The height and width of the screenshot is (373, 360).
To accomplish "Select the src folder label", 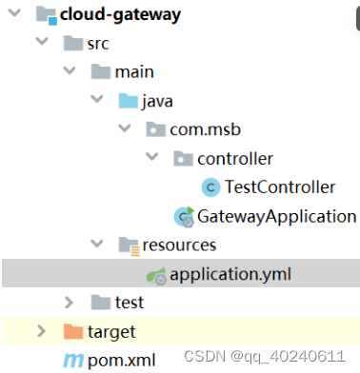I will pos(99,43).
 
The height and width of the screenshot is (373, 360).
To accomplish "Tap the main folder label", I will pos(134,71).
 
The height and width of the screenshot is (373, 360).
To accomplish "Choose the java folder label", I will pos(160,100).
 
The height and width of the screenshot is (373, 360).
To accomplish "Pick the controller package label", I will pos(234,158).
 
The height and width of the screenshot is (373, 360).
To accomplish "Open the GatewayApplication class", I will pos(275,216).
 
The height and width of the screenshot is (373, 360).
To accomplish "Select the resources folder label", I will pos(179,245).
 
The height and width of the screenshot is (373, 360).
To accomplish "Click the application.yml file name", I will pos(230,274).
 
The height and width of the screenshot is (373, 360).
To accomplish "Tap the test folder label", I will pos(129,303).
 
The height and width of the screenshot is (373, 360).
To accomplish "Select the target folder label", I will pos(111,332).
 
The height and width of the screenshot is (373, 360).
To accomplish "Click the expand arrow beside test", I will pos(69,303).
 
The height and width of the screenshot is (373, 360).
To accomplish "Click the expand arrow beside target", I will pos(40,332).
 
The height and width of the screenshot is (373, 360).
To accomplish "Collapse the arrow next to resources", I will pos(96,245).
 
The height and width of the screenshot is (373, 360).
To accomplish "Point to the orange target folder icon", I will pos(71,332).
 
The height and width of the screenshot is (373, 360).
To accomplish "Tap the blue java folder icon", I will pos(128,100).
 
